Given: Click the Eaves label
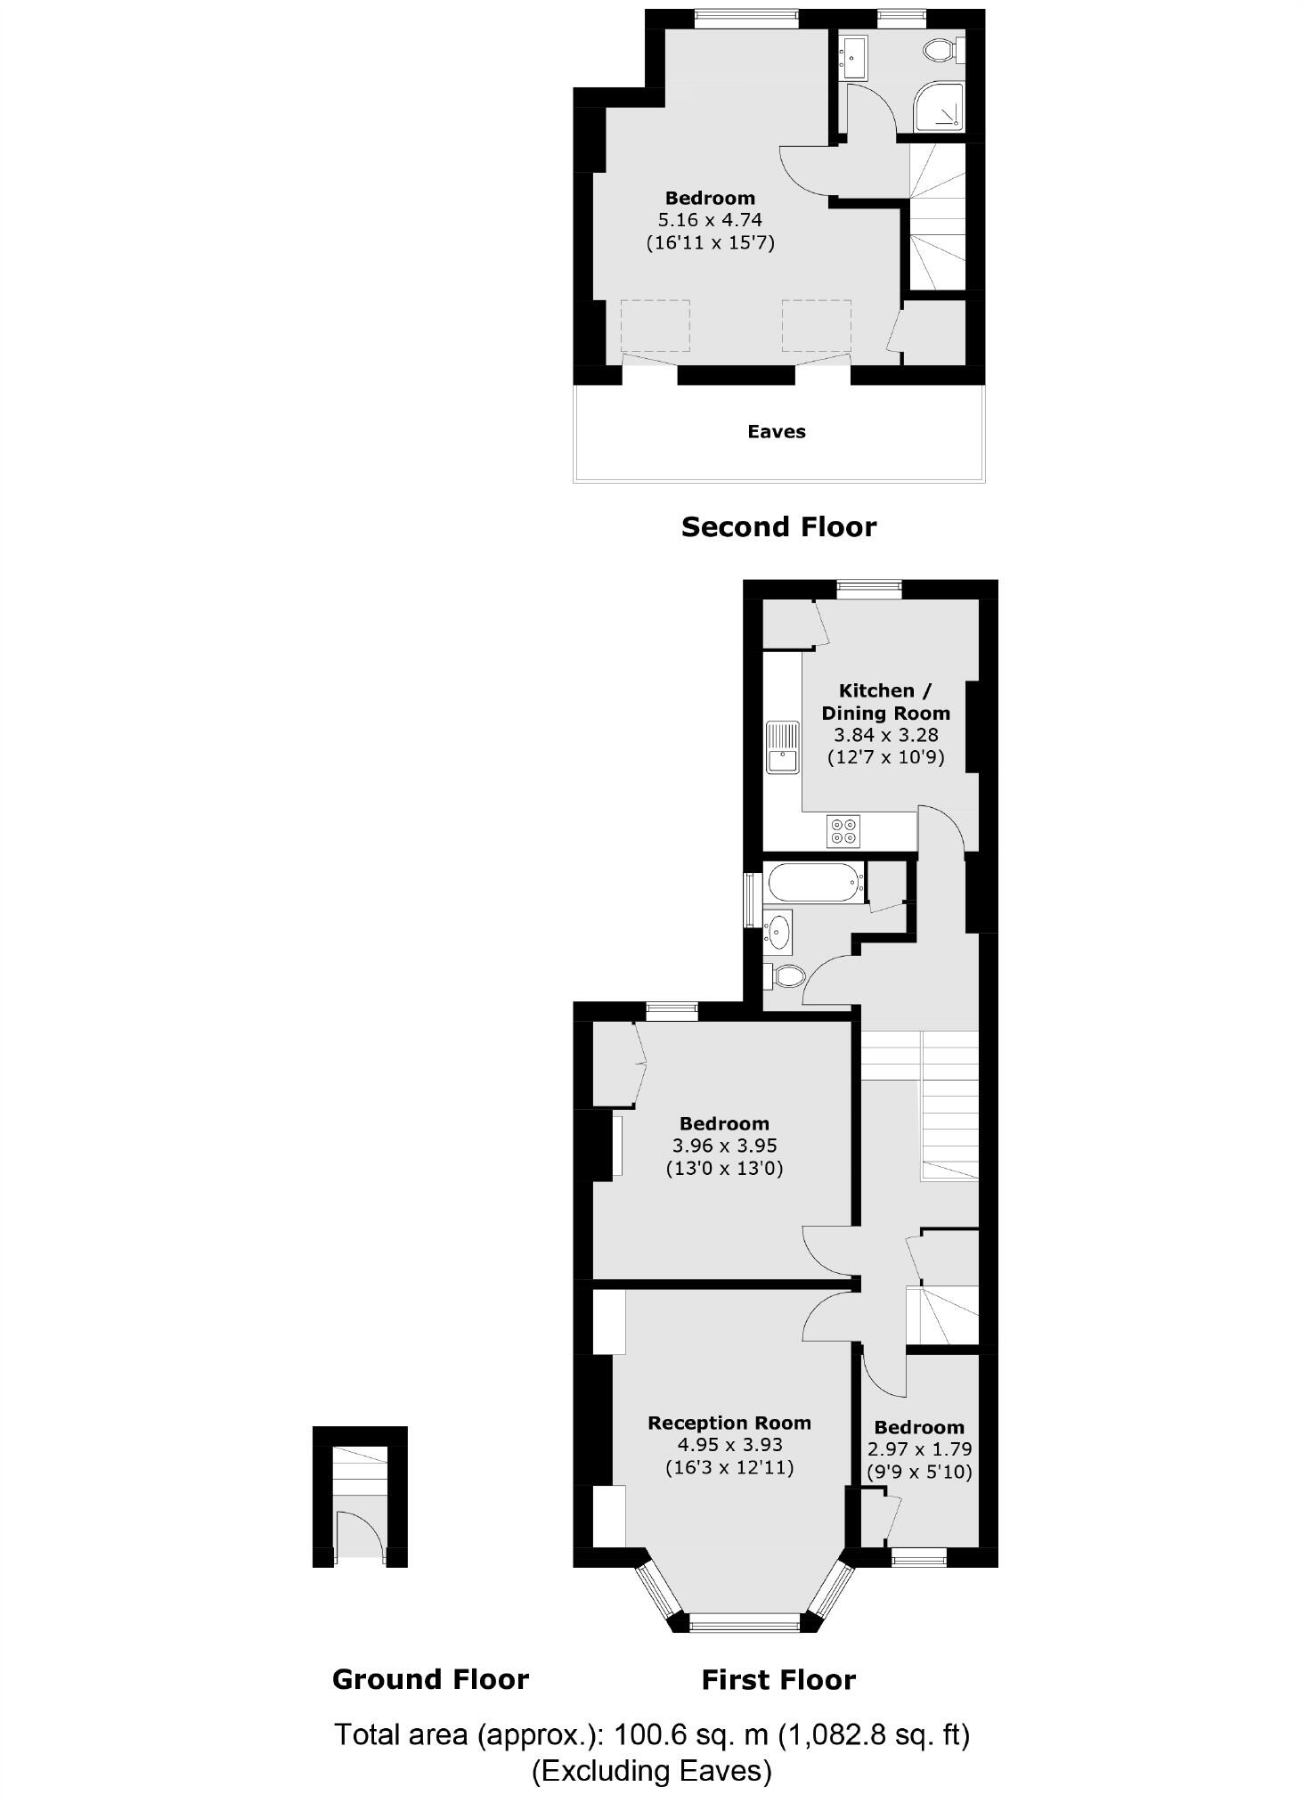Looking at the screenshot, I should (776, 432).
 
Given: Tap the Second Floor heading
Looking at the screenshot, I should (778, 527).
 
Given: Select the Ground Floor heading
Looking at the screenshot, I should (430, 1679).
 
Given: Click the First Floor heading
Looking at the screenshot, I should (778, 1680).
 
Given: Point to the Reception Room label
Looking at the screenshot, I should (729, 1424).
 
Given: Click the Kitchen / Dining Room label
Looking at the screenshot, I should (885, 702).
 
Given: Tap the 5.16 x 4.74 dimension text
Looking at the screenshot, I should (710, 220).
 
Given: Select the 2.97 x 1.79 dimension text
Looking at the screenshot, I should (919, 1449).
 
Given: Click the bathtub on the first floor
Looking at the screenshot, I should (814, 883).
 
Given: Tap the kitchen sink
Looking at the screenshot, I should (782, 746).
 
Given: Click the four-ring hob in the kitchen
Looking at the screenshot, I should (843, 830).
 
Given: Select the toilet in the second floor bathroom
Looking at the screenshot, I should (940, 50).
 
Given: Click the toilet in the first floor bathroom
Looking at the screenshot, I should (785, 975).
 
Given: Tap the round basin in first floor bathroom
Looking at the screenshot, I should (778, 932).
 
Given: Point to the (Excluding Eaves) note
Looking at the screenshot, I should (651, 1771).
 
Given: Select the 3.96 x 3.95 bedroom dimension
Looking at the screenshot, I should (723, 1146).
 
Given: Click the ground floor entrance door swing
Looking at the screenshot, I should (360, 1533).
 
